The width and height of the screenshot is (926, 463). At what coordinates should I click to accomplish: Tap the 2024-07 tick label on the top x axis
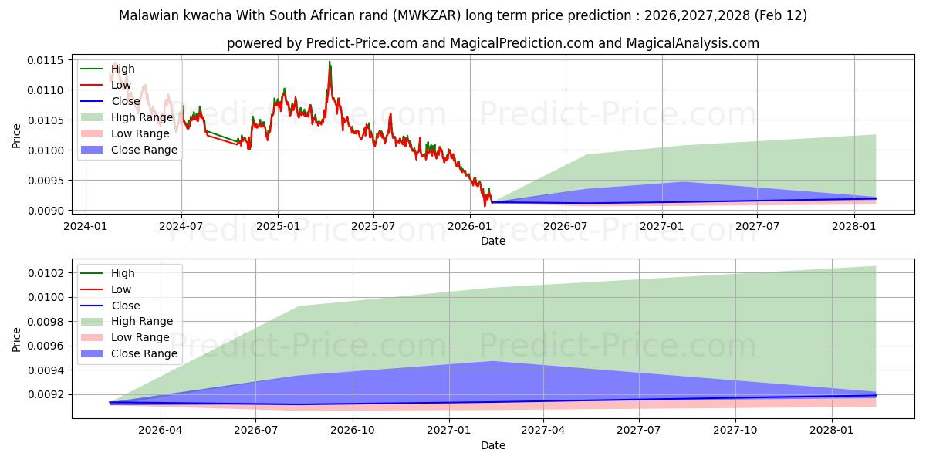click(x=181, y=226)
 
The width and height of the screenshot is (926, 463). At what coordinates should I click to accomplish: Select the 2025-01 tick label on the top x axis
click(x=277, y=226)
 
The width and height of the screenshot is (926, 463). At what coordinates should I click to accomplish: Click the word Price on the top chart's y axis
click(x=17, y=136)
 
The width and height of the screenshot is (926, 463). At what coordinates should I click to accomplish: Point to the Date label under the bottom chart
click(x=493, y=445)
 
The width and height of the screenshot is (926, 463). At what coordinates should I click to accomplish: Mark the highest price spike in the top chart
click(x=330, y=62)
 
